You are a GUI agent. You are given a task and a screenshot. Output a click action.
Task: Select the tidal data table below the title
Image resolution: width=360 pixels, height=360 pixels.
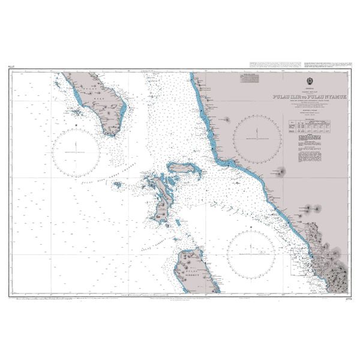pyautogui.click(x=310, y=127)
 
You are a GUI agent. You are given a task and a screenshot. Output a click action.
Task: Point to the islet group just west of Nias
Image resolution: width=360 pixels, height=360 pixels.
pyautogui.click(x=76, y=112)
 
